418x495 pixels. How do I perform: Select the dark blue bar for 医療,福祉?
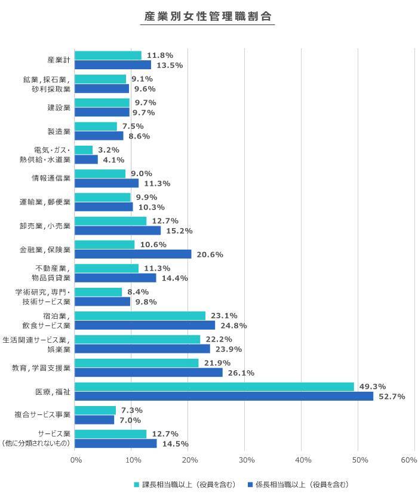click(x=224, y=396)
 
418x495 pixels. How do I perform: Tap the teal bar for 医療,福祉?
click(x=214, y=387)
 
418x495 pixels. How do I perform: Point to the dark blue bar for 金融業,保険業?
click(x=133, y=254)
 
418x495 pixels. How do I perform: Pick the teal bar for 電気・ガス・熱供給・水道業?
click(x=84, y=150)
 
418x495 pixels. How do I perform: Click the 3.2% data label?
click(x=109, y=150)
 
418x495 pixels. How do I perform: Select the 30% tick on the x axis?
click(x=246, y=460)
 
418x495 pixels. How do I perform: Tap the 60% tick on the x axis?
click(x=408, y=460)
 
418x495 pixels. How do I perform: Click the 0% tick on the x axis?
click(x=76, y=460)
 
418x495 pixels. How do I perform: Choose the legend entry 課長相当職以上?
click(x=185, y=484)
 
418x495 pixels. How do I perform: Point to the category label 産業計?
click(x=59, y=60)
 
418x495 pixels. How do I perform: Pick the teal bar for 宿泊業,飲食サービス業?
click(x=140, y=316)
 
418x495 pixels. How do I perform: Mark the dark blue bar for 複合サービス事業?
click(x=94, y=420)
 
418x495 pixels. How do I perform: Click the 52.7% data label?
click(x=391, y=396)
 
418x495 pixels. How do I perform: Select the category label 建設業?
click(x=59, y=107)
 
